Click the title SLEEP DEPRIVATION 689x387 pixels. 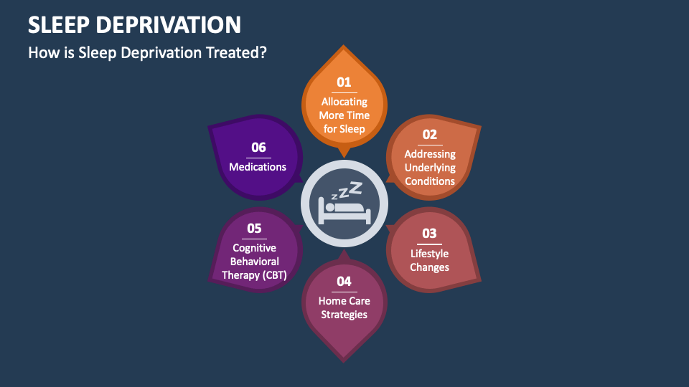pos(134,24)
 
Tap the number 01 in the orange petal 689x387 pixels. pos(344,82)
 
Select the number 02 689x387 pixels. pos(430,134)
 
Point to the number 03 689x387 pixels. pos(429,234)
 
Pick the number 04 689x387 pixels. pos(344,281)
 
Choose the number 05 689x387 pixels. pos(254,228)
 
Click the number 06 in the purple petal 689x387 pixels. pos(258,147)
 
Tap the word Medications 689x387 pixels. pos(258,167)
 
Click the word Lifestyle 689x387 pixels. pos(429,254)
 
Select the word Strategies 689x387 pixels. pos(344,315)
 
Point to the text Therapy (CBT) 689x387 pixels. pos(254,275)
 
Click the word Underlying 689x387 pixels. pos(430,168)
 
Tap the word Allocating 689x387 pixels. pos(344,102)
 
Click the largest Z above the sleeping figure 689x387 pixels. pos(355,188)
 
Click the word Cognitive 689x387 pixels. pos(254,248)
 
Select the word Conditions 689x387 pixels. pos(430,181)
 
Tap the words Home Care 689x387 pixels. pos(344,301)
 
